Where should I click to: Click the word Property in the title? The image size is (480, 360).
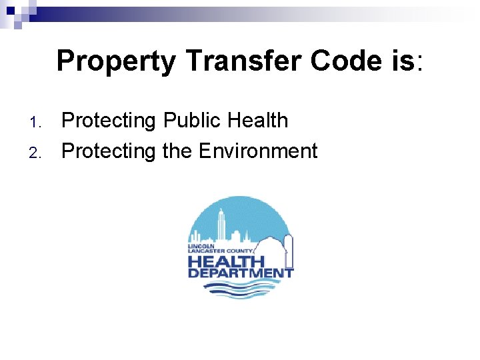pyautogui.click(x=117, y=61)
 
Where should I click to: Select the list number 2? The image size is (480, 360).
pyautogui.click(x=37, y=153)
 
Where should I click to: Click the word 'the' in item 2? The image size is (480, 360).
pyautogui.click(x=177, y=151)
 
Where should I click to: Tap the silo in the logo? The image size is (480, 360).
pyautogui.click(x=288, y=247)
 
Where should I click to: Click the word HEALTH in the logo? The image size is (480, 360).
pyautogui.click(x=226, y=261)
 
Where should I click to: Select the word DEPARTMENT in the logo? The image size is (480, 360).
pyautogui.click(x=240, y=273)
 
